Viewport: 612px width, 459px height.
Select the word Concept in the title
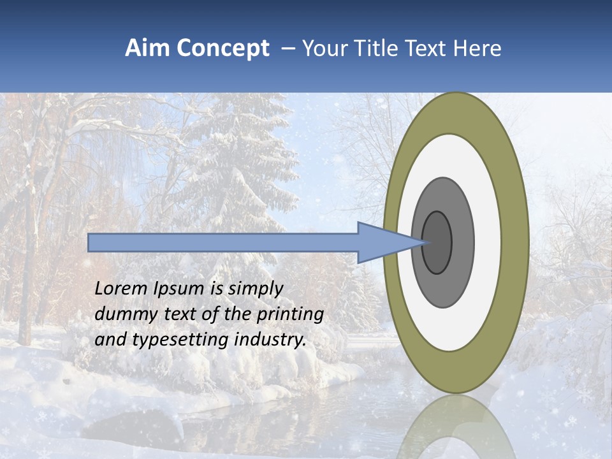[222, 48]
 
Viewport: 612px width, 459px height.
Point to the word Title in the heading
[375, 48]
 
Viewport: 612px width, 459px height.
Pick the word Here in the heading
[477, 48]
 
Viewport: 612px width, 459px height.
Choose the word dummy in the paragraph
[121, 314]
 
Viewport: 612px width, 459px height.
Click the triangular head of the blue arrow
[382, 242]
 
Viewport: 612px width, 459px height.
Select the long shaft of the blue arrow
[223, 242]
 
